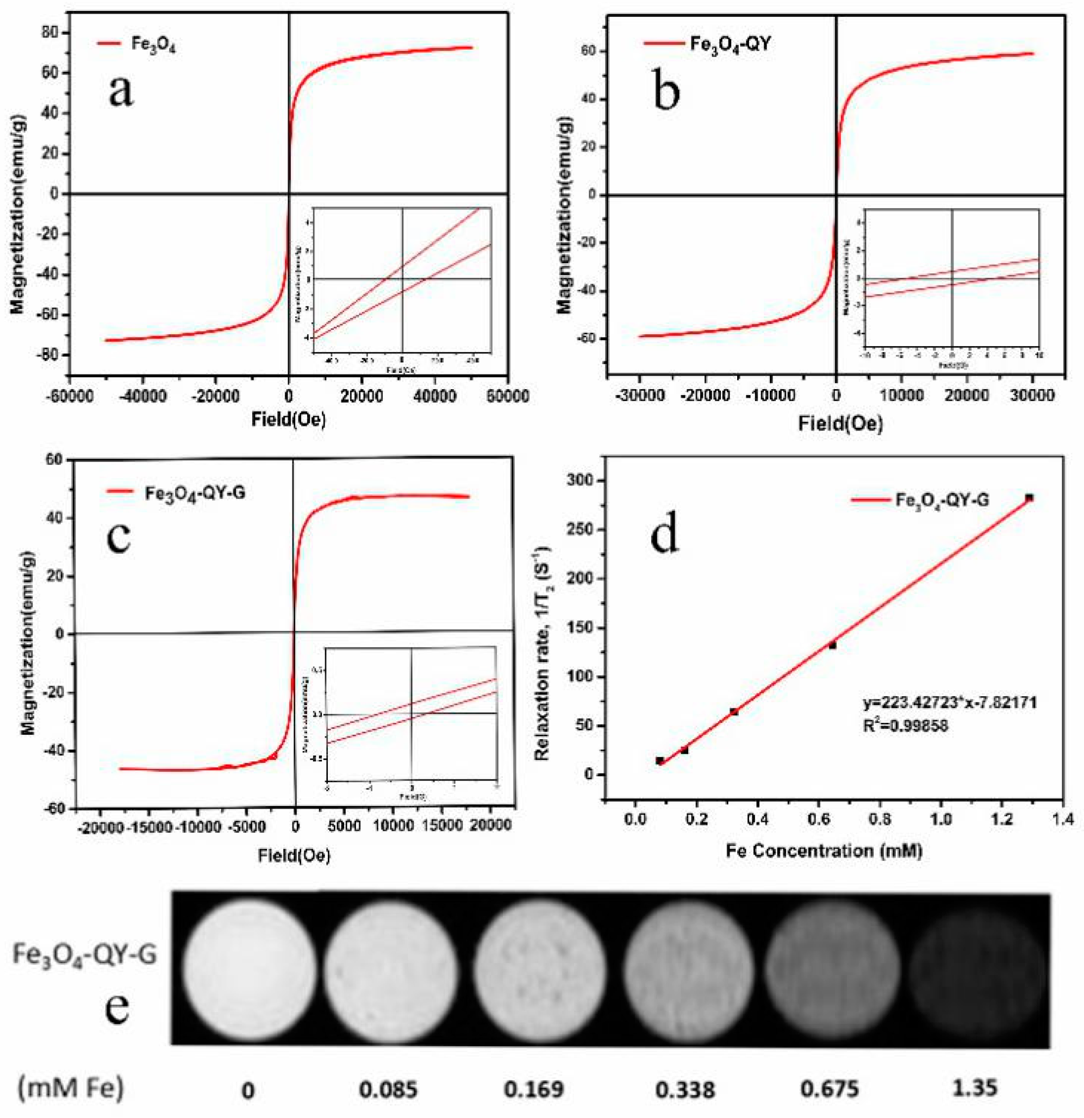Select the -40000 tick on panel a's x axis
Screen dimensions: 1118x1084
(x=142, y=396)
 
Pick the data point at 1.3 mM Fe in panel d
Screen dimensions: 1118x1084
(x=1029, y=498)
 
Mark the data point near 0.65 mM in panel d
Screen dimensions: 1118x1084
(x=832, y=645)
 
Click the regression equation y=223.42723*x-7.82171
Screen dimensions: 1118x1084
(x=949, y=702)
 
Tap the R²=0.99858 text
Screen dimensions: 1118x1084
(x=906, y=726)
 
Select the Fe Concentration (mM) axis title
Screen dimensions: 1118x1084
(x=824, y=851)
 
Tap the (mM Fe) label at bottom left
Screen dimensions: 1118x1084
(x=71, y=1088)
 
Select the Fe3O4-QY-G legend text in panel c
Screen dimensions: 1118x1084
(x=195, y=492)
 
